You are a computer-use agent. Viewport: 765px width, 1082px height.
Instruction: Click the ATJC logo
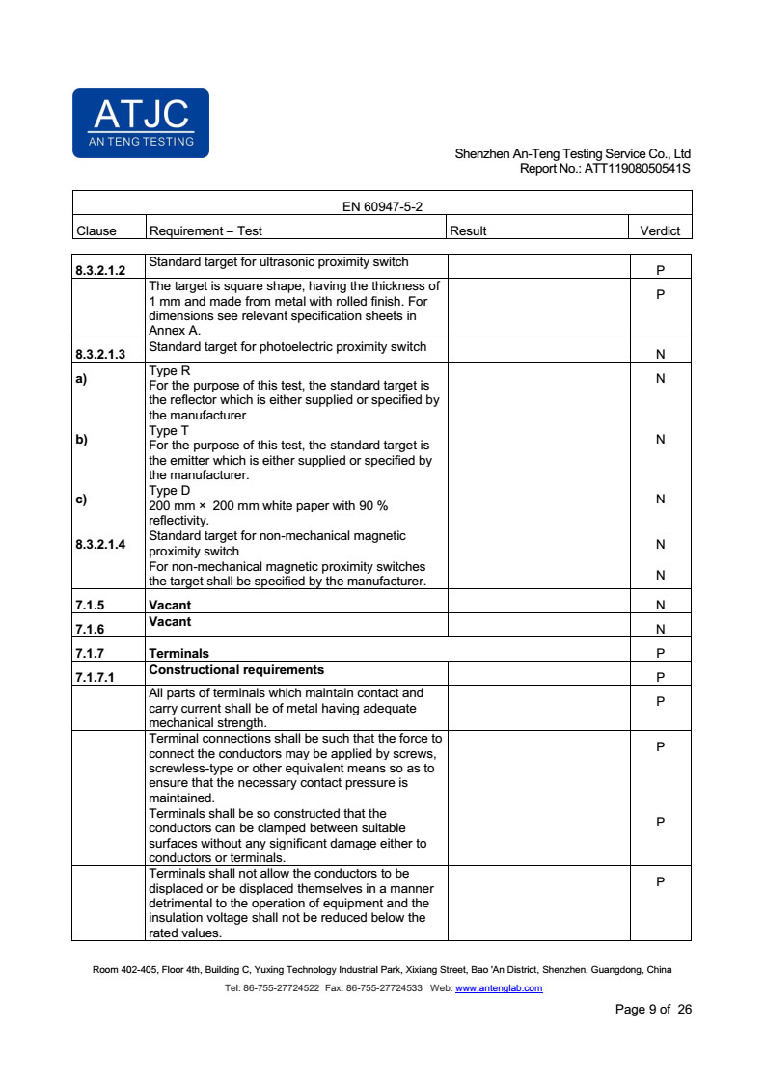141,122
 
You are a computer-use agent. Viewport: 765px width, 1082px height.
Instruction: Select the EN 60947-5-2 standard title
382,206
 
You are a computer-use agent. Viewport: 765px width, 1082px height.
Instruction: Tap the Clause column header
96,230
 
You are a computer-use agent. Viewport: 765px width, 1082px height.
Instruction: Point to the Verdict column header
660,230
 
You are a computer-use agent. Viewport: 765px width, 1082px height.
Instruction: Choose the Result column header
468,230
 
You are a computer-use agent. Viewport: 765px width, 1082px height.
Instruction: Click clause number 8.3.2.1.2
100,271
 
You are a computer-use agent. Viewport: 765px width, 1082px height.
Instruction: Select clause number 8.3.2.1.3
100,355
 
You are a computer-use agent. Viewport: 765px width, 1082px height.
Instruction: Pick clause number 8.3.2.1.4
100,545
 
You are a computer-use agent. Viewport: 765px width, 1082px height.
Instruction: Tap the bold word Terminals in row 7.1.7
178,653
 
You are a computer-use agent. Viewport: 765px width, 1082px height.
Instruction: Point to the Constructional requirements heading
236,669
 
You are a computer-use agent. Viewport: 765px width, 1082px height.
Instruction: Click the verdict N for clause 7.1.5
660,606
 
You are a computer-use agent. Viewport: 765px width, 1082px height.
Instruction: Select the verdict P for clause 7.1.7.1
660,677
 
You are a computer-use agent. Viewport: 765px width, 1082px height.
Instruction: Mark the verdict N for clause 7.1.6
660,630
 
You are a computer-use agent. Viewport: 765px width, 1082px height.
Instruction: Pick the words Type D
170,491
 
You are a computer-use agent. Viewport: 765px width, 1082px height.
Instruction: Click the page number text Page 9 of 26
653,1010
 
